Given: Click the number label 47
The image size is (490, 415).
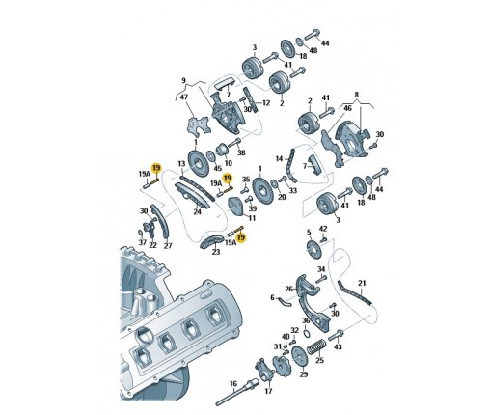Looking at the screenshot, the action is point(184,97).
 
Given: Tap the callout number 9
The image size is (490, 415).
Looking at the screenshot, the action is point(183,80).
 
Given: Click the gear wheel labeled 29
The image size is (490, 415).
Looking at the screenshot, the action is point(300,357).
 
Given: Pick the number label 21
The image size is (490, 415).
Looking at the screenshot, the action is point(362,283).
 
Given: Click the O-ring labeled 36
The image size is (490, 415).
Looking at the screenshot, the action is point(307,333).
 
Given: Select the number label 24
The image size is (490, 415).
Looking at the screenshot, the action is point(197,211).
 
